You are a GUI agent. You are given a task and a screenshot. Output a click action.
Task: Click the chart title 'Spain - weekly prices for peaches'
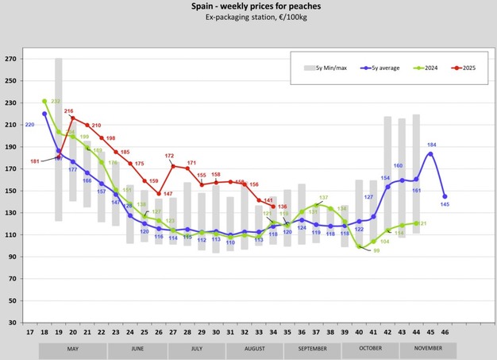click(248, 6)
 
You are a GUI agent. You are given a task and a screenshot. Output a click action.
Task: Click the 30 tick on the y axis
click(13, 323)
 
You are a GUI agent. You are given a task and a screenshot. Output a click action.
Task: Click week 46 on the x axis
click(445, 333)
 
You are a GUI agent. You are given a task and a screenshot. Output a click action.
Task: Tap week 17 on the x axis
click(30, 333)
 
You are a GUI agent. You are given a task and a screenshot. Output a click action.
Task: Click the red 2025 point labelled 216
click(73, 118)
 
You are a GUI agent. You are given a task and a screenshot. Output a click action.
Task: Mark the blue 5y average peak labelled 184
click(430, 153)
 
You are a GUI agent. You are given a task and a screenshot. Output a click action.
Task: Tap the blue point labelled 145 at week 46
click(445, 196)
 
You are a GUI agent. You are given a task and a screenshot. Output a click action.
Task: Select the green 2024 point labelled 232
click(44, 101)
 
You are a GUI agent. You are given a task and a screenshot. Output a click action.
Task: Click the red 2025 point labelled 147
click(159, 194)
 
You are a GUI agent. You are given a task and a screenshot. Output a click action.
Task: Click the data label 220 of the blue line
click(30, 125)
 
